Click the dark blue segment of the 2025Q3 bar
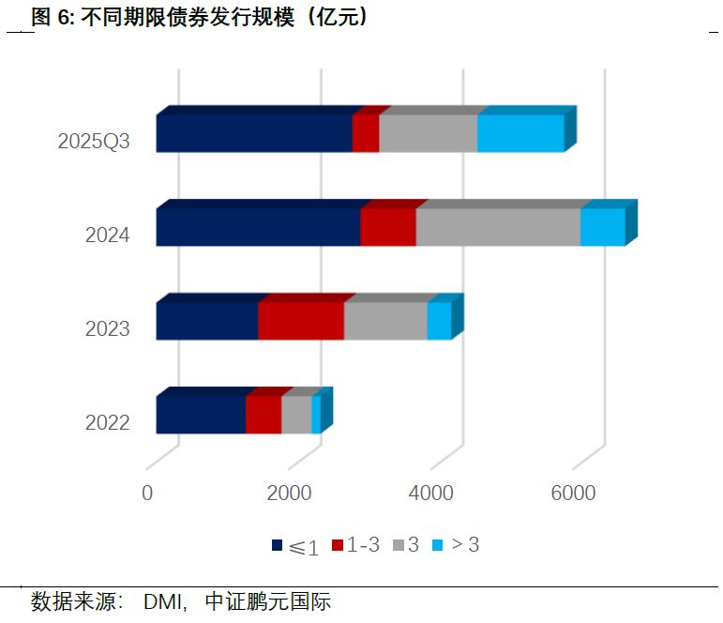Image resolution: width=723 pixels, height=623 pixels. click(253, 133)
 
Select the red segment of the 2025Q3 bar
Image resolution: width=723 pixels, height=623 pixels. click(365, 133)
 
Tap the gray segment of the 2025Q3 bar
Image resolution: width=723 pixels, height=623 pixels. click(428, 133)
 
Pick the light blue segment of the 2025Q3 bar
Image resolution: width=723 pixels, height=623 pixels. click(520, 133)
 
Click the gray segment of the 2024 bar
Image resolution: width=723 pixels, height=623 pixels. click(498, 227)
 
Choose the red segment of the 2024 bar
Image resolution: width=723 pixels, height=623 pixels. click(387, 227)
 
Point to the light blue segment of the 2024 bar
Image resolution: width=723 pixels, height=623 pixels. click(602, 227)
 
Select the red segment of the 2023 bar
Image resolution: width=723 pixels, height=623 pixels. click(300, 321)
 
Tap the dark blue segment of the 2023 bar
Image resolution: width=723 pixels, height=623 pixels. click(206, 321)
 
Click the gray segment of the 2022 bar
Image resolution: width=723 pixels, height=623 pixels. click(296, 415)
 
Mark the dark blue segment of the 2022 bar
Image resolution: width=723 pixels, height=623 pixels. click(201, 415)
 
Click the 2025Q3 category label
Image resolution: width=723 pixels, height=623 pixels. click(94, 143)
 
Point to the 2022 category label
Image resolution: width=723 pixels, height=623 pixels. click(107, 423)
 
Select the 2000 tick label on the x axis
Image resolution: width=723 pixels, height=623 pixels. click(289, 494)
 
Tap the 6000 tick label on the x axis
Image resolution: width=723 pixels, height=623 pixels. click(572, 494)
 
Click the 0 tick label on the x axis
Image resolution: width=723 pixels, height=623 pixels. click(147, 494)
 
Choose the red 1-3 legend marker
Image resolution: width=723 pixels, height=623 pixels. click(339, 545)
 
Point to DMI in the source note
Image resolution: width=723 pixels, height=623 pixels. click(164, 601)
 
